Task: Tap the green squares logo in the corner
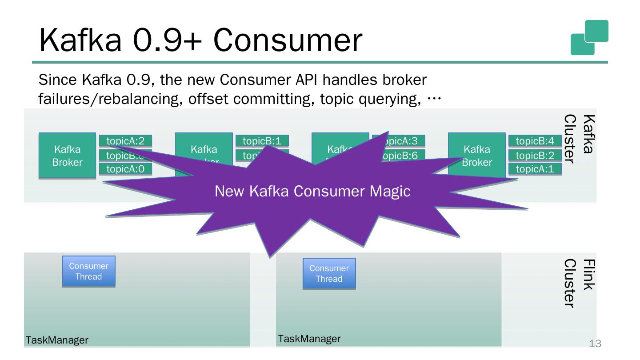[x=589, y=37]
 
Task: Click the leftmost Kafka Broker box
[x=67, y=156]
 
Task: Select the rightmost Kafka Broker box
[x=476, y=156]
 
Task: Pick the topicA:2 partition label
[x=125, y=141]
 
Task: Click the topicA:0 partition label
[x=125, y=169]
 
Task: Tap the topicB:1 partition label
[x=262, y=141]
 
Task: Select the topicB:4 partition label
[x=535, y=141]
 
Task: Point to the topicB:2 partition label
[x=535, y=155]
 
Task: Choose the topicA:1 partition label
[x=535, y=169]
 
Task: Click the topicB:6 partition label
[x=403, y=155]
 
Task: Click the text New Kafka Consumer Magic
[x=312, y=191]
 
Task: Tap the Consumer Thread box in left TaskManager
[x=88, y=271]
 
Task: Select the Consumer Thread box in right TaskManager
[x=329, y=273]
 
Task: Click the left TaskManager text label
[x=57, y=340]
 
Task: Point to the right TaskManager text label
[x=309, y=339]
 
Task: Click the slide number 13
[x=595, y=343]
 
